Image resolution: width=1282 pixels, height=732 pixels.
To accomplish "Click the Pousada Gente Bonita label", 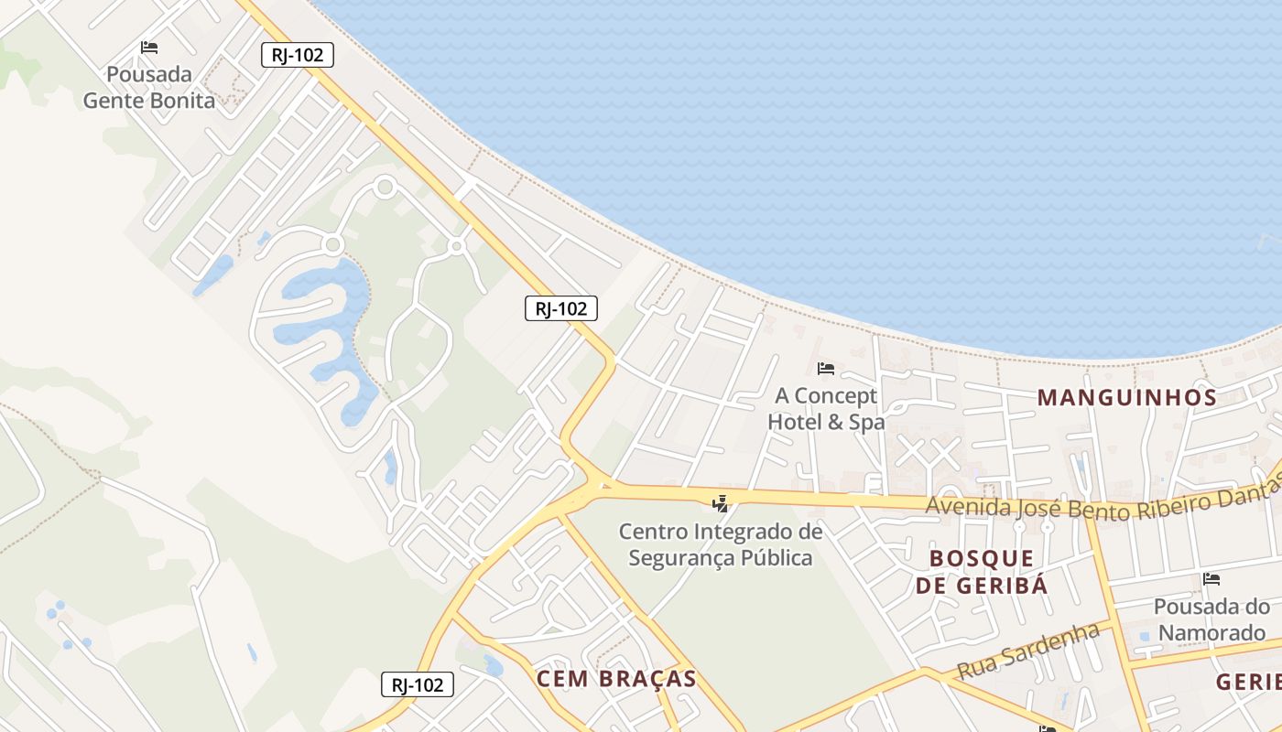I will tap(149, 87).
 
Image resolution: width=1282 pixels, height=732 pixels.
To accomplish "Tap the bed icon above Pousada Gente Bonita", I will tap(149, 48).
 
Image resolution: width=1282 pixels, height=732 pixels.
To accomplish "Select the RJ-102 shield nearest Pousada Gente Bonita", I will tap(298, 55).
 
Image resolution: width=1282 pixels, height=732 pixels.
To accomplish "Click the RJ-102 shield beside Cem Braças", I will tap(418, 684).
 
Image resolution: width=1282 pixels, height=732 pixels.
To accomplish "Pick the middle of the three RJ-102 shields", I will tap(561, 308).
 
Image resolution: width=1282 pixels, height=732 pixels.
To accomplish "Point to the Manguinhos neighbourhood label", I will tap(1126, 397).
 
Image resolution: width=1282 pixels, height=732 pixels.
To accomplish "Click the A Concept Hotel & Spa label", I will tap(826, 409).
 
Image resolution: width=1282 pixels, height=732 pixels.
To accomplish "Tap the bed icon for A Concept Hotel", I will tap(826, 369).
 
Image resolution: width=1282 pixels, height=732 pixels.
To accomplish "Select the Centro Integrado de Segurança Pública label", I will tap(721, 544).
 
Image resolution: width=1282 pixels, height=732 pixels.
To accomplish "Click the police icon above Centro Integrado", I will tap(721, 502).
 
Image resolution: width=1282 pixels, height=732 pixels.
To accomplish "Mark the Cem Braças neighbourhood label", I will tap(616, 679).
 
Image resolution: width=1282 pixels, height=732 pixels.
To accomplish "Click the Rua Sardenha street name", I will tap(1027, 651).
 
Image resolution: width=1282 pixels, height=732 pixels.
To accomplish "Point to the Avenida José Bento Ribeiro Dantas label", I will tap(1103, 502).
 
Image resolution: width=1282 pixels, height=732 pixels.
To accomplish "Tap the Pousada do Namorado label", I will tap(1211, 619).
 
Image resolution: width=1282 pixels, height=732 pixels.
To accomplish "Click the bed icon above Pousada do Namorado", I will tap(1211, 578).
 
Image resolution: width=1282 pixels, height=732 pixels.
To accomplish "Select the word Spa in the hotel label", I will tap(866, 422).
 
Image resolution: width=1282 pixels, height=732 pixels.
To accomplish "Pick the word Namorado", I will tap(1211, 632).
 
